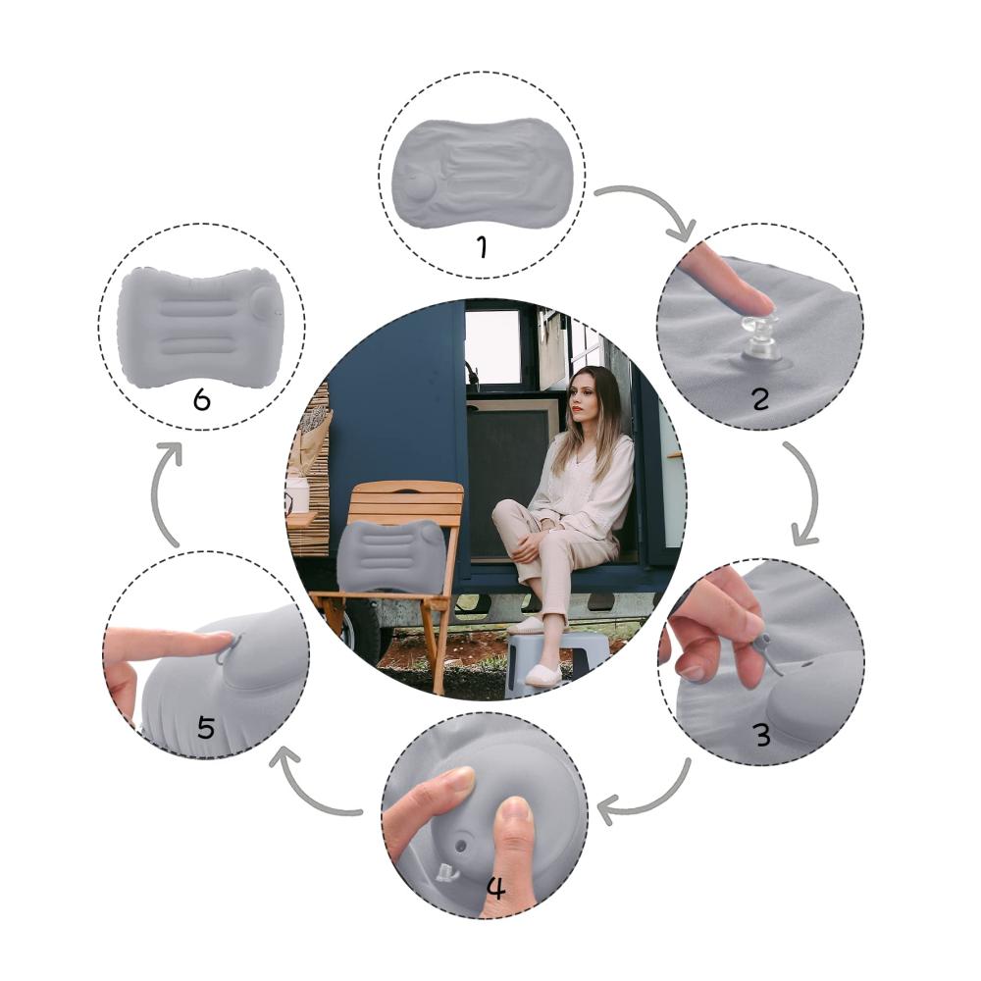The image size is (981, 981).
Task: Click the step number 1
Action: pyautogui.click(x=483, y=246)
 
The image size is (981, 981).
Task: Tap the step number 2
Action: pyautogui.click(x=760, y=399)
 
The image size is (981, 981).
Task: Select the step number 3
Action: pyautogui.click(x=762, y=734)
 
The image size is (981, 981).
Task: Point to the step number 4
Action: pyautogui.click(x=496, y=887)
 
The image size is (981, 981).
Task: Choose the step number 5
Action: pyautogui.click(x=206, y=728)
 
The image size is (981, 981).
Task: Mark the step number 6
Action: pyautogui.click(x=201, y=399)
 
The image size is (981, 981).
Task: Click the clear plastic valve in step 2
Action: pyautogui.click(x=758, y=341)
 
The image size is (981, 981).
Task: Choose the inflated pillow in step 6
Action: pyautogui.click(x=199, y=328)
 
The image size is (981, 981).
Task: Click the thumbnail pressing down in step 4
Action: pyautogui.click(x=515, y=812)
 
